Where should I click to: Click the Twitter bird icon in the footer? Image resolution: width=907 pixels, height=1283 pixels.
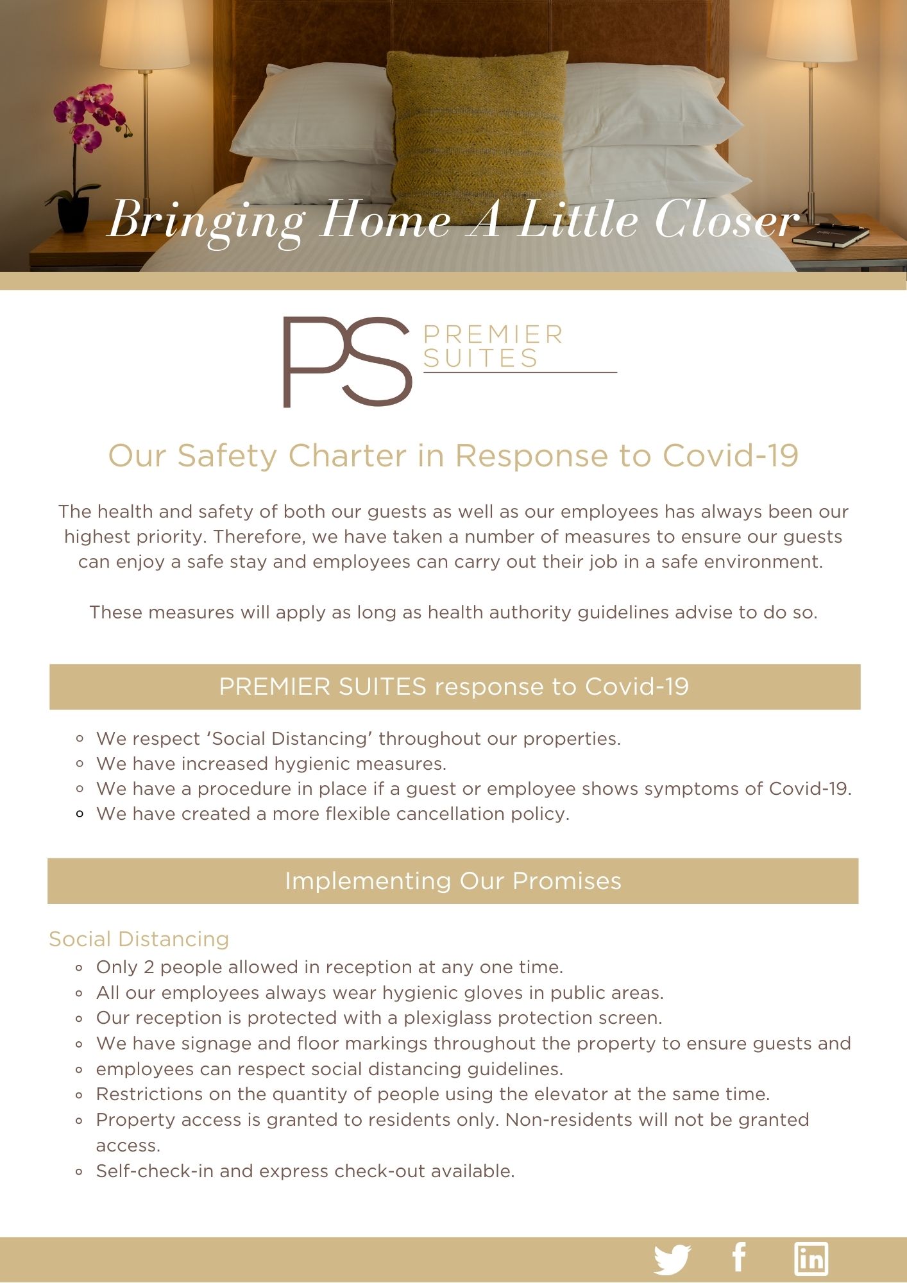coord(672,1259)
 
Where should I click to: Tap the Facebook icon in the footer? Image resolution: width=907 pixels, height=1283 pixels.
coord(739,1257)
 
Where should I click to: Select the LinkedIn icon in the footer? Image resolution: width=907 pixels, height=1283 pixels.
coord(811,1259)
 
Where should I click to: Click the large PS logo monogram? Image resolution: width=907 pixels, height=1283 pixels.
coord(347,362)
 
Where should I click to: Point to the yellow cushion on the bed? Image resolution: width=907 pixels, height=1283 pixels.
coord(478,135)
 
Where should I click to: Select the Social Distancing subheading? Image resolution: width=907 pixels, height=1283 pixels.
coord(139,939)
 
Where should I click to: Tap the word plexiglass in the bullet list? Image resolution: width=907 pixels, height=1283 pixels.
coord(448,1018)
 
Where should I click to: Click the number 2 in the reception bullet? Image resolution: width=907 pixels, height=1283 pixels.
coord(149,967)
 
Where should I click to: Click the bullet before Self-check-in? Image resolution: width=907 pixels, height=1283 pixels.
coord(80,1172)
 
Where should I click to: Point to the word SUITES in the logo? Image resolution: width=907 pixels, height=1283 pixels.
coord(480,358)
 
